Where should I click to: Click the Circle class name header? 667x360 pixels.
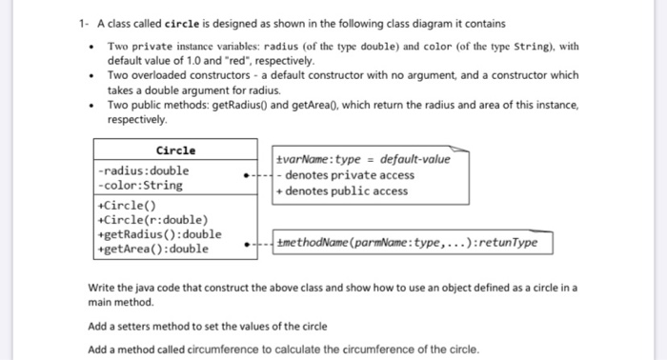pyautogui.click(x=174, y=150)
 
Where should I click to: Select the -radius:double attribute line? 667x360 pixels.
pyautogui.click(x=144, y=170)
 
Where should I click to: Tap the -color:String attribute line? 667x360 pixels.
pyautogui.click(x=140, y=185)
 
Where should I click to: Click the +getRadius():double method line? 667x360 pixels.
pyautogui.click(x=159, y=234)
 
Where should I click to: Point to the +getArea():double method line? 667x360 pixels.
pyautogui.click(x=152, y=249)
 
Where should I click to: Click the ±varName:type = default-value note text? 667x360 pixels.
pyautogui.click(x=362, y=160)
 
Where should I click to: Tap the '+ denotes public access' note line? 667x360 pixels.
pyautogui.click(x=344, y=190)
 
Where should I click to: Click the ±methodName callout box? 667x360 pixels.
pyautogui.click(x=407, y=243)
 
